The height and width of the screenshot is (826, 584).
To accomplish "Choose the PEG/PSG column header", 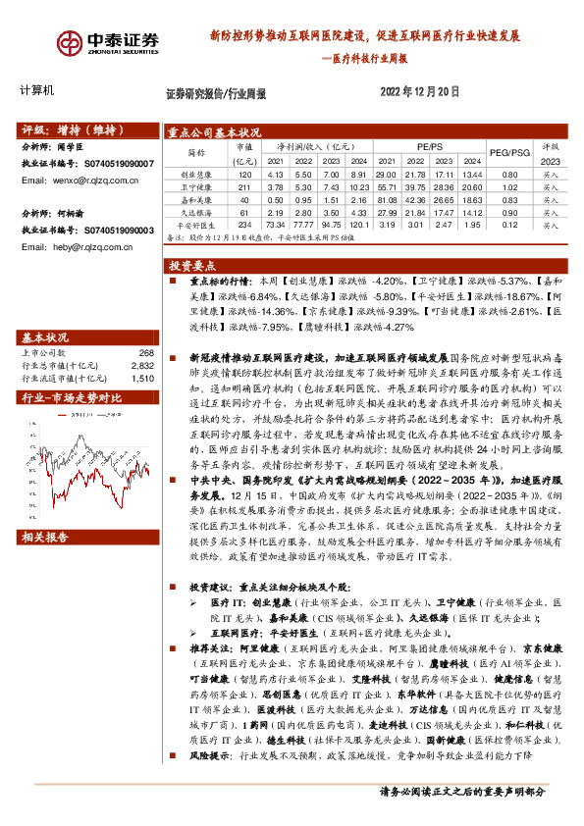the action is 509,153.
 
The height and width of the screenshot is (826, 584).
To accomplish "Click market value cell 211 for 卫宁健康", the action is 243,185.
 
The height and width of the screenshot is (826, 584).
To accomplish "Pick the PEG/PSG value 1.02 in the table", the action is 509,185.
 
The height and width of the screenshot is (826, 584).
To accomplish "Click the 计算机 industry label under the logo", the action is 37,90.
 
